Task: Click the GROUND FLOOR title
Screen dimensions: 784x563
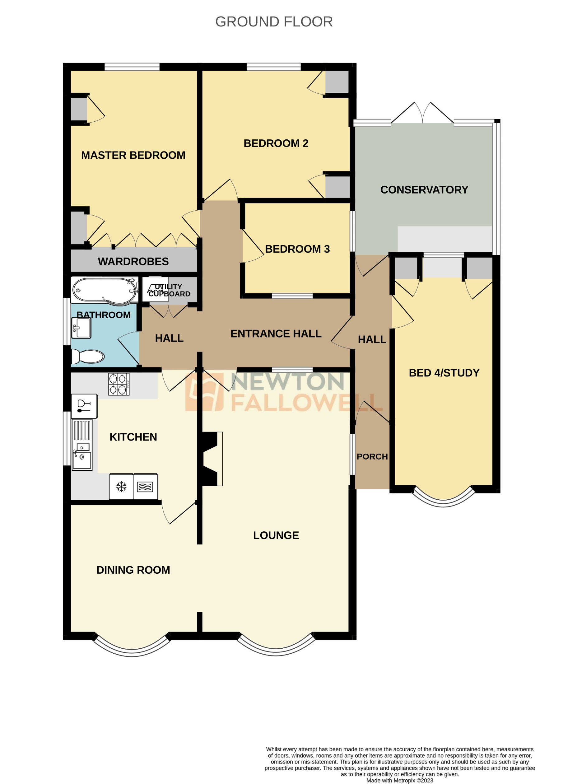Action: point(274,22)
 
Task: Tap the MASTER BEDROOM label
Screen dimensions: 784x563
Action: point(133,155)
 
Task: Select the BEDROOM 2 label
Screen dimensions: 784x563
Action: point(276,143)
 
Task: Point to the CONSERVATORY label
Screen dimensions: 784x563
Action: point(424,189)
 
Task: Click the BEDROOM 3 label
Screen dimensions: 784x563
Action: point(297,249)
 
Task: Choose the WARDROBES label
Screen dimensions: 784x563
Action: point(133,261)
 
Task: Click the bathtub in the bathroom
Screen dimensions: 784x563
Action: point(105,290)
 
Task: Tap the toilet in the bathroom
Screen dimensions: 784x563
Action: point(88,356)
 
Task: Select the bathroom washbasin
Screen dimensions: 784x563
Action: point(81,327)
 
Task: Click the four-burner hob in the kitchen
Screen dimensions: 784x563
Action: point(119,384)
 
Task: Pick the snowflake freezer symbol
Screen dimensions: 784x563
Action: point(121,487)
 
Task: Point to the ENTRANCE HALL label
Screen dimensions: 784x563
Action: point(276,334)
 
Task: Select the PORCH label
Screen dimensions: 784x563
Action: point(372,457)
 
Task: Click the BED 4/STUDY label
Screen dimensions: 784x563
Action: point(444,373)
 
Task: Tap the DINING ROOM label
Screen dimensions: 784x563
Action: point(133,570)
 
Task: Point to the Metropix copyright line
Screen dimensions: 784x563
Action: point(399,780)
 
